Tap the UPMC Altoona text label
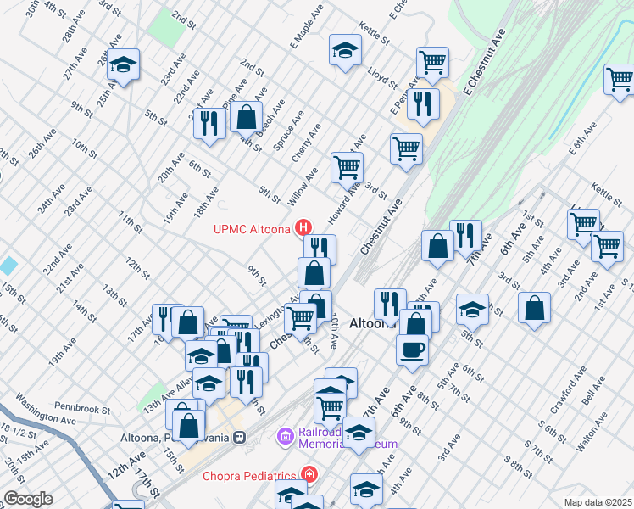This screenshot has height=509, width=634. pos(252,228)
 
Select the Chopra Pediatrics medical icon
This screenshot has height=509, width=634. pos(310,474)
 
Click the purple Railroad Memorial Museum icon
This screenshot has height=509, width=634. pos(284,437)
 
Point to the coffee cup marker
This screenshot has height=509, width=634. pos(412,349)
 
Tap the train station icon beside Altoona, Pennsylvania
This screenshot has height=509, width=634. pos(241,438)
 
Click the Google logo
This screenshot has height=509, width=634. pos(27,499)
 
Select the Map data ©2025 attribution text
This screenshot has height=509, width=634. pos(598,502)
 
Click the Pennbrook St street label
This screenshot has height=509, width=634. pos(83,409)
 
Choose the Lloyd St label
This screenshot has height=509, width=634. pos(383,77)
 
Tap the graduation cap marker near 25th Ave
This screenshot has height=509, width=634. pos(123,65)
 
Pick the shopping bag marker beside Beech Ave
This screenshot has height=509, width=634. pos(246,117)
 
